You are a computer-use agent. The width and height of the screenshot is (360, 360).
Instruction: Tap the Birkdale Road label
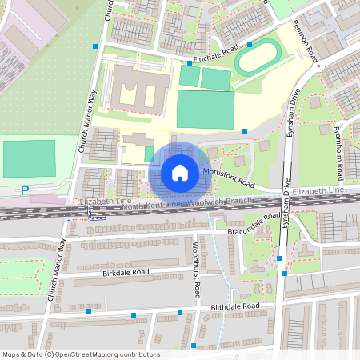click(x=126, y=272)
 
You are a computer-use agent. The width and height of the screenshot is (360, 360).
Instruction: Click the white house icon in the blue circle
click(x=179, y=172)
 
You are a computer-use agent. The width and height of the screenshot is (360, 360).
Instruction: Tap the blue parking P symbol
click(x=25, y=190)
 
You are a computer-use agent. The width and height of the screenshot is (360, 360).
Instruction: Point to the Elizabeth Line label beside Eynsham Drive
click(x=318, y=192)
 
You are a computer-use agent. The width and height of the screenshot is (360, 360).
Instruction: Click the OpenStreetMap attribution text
click(x=81, y=354)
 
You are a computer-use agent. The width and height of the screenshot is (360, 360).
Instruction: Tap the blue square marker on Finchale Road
click(x=189, y=62)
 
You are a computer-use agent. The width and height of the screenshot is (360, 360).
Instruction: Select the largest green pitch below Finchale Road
click(x=206, y=107)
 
